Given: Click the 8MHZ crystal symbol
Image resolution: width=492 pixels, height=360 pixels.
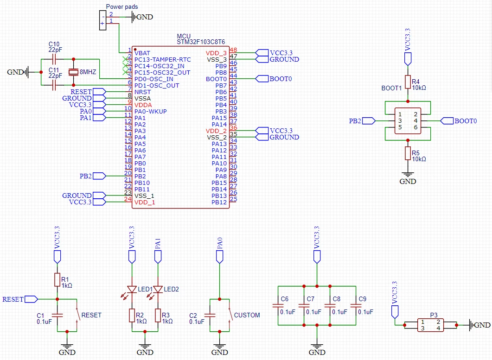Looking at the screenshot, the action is point(73,72).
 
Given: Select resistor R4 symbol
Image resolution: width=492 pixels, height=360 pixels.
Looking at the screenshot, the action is point(408,82).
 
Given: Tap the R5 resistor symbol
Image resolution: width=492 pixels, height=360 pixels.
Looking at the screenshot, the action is point(408,153).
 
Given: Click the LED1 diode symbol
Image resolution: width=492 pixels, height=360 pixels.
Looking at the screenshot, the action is point(132,289).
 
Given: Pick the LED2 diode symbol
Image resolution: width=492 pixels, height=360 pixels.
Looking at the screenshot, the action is point(158,289).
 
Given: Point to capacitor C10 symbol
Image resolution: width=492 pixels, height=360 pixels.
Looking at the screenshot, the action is point(54,59).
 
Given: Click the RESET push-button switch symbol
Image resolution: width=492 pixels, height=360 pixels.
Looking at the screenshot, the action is point(77,314).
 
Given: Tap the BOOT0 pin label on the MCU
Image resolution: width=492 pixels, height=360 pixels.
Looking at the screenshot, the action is point(216,79).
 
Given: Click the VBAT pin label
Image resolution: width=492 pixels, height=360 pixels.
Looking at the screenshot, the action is point(142,53).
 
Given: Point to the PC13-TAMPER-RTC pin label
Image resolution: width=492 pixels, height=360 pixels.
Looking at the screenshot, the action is point(163,60).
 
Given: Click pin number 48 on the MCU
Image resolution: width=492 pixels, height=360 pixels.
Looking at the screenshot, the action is point(233,50).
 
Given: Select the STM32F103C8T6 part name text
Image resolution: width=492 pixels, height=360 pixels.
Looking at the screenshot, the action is point(201,42).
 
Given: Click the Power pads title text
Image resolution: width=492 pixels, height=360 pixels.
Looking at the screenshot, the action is point(122,6).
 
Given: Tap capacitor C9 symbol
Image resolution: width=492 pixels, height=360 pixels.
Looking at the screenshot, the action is point(356,305).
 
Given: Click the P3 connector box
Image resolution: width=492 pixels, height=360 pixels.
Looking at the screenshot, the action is point(430,325).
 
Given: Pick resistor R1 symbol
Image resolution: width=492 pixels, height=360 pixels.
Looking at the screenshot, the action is point(57,280).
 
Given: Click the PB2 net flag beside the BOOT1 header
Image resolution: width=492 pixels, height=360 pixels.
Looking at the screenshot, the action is point(369,121).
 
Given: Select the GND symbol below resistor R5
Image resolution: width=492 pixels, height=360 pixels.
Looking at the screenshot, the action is point(408,178).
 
